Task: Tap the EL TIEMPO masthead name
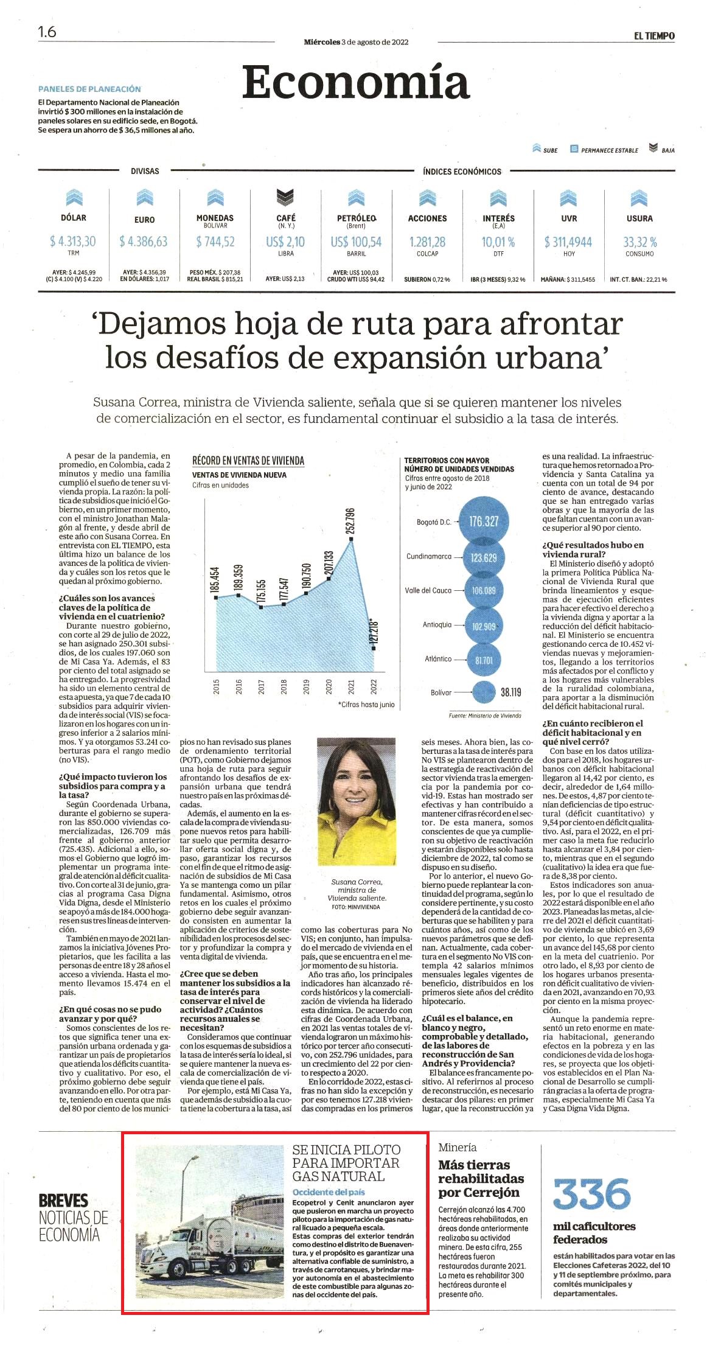654,36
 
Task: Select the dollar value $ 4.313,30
73,242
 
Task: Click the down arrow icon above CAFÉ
285,197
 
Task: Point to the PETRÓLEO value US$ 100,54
356,242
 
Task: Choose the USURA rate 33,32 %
639,242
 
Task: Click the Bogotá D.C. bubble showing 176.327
484,521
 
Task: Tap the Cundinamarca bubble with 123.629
484,557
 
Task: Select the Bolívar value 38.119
511,692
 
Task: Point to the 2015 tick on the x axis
217,686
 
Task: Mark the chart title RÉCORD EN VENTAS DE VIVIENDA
248,461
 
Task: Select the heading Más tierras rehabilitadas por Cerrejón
480,1179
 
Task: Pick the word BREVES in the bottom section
63,1201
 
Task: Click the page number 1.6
47,32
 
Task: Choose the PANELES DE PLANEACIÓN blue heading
89,89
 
